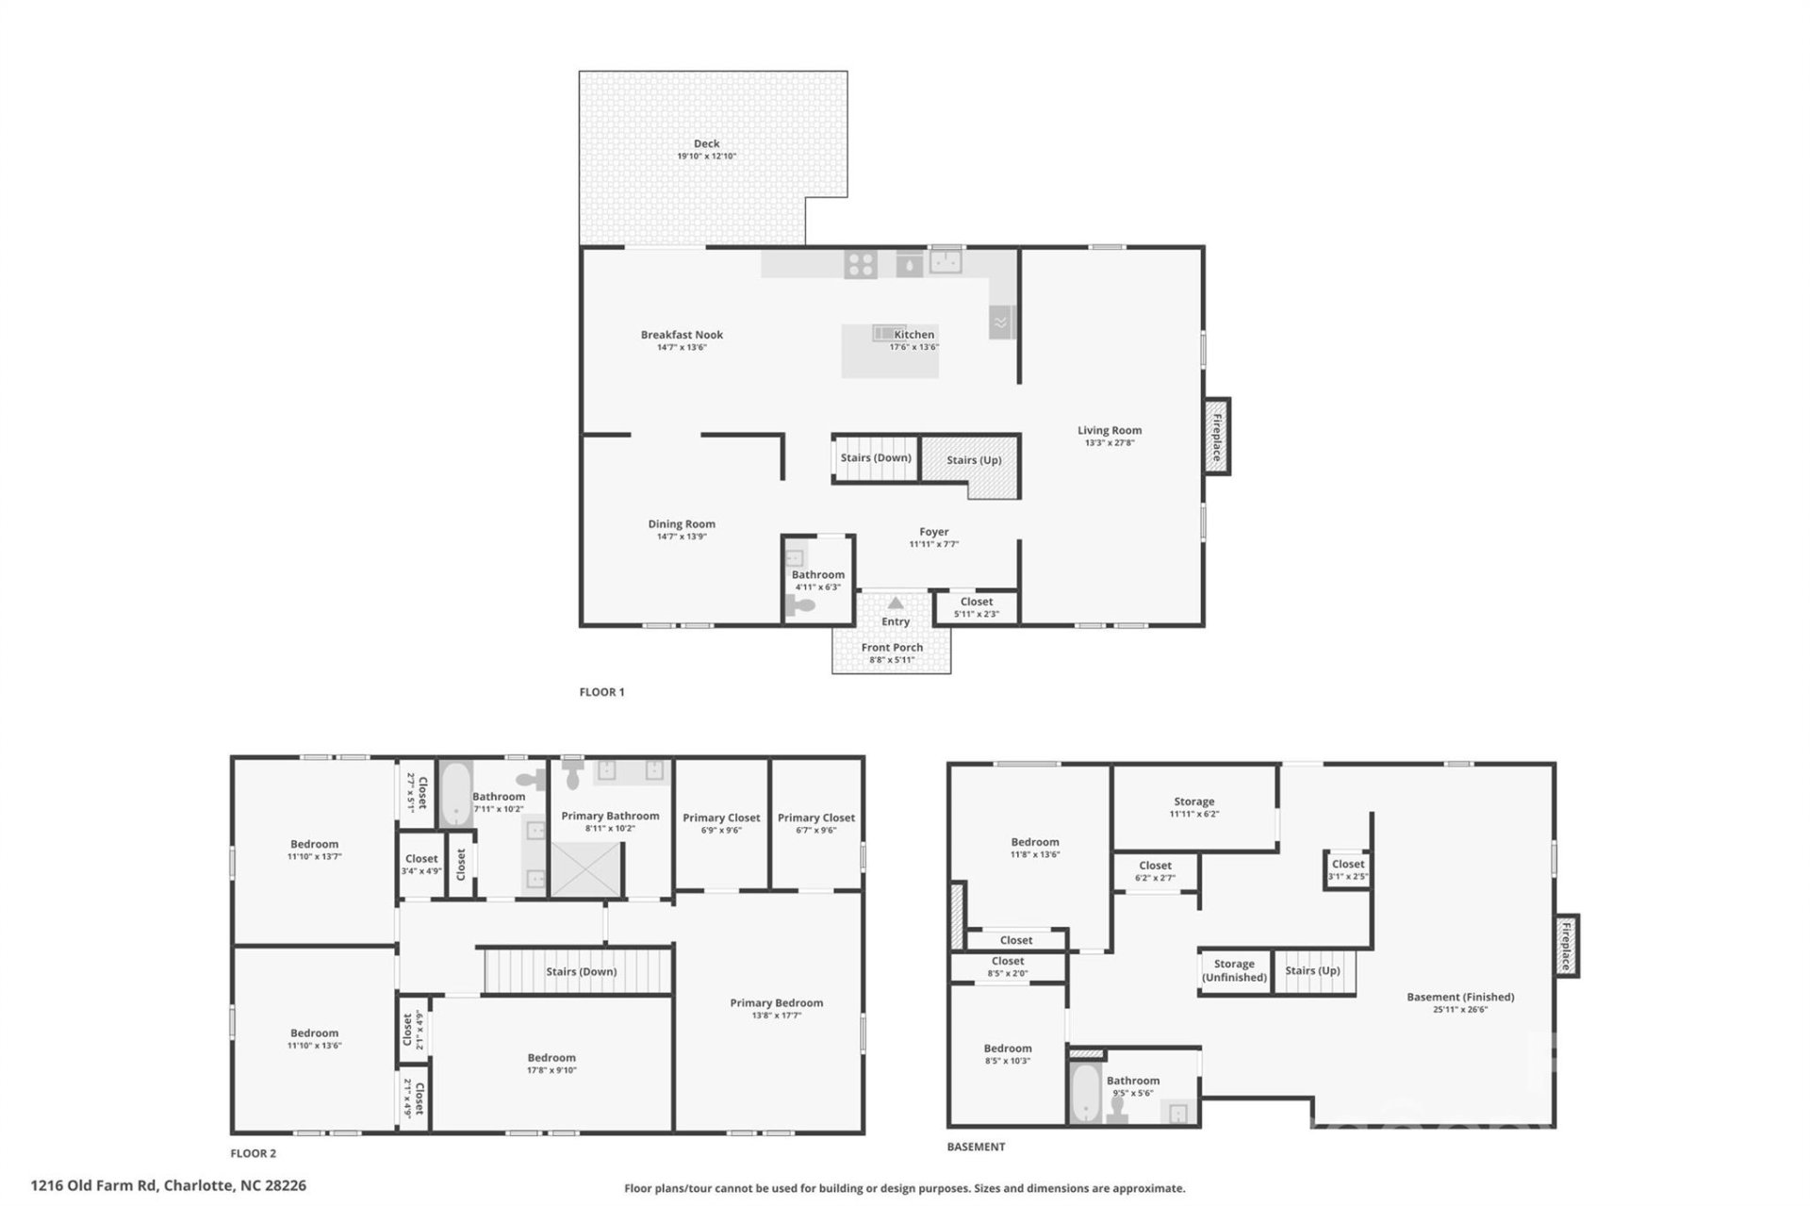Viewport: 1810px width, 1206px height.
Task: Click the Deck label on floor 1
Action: click(x=706, y=144)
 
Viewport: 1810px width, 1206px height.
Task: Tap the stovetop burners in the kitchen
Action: click(x=860, y=264)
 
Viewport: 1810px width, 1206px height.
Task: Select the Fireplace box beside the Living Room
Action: click(x=1216, y=437)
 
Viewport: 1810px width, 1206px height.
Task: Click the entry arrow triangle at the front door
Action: click(x=895, y=603)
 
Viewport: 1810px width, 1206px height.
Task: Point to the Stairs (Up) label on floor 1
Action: click(x=973, y=460)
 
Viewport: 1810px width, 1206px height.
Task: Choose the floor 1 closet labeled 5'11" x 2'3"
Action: click(x=976, y=607)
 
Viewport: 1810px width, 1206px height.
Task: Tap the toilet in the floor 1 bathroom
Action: click(x=800, y=607)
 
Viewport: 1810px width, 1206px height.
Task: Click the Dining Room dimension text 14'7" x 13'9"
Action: click(x=681, y=537)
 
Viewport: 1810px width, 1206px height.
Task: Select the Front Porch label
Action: click(x=891, y=648)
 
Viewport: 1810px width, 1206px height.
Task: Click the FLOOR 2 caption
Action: click(x=253, y=1153)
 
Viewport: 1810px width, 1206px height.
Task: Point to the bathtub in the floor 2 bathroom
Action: click(x=456, y=792)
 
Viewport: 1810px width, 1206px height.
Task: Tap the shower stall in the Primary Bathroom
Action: click(x=586, y=869)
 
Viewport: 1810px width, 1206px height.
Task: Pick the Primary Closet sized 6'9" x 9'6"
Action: click(x=721, y=823)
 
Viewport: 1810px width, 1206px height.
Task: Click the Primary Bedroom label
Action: click(x=776, y=1002)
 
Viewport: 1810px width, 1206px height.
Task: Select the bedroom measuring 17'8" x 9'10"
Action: click(x=551, y=1063)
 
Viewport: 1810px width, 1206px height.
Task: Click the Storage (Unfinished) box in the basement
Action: click(x=1233, y=970)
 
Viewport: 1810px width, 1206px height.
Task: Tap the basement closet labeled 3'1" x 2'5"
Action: click(x=1347, y=869)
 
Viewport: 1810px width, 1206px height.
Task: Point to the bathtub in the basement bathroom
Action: click(x=1085, y=1092)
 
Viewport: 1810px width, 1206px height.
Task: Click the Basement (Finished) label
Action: click(x=1459, y=997)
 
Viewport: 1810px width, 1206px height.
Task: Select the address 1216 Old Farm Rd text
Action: click(x=168, y=1185)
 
